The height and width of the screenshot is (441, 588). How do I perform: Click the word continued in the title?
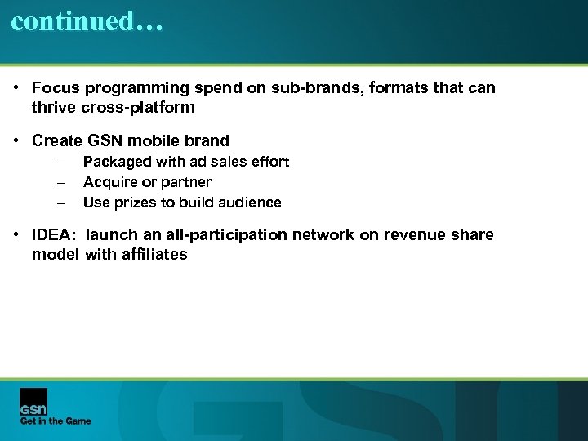[x=72, y=21]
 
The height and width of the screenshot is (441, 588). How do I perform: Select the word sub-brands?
[x=292, y=87]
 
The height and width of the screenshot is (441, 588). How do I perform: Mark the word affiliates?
[x=155, y=255]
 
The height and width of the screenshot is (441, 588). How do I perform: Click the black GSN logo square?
[x=33, y=401]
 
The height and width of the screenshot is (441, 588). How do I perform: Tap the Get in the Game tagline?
[x=56, y=421]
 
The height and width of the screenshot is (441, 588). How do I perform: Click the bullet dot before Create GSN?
[x=17, y=140]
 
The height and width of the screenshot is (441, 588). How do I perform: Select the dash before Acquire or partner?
[x=60, y=182]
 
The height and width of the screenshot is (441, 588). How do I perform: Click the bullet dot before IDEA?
[x=17, y=235]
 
